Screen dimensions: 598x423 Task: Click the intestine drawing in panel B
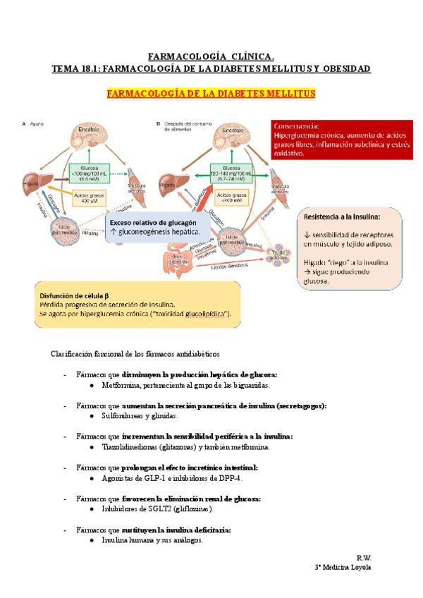[179, 257]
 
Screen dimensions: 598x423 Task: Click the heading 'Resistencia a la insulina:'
[342, 216]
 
